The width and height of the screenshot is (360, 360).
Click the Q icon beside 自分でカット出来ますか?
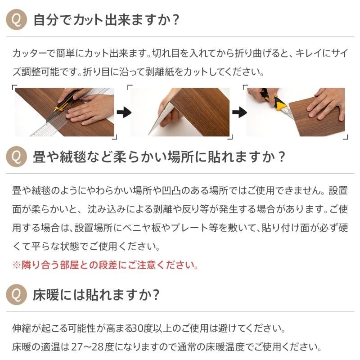tap(16, 19)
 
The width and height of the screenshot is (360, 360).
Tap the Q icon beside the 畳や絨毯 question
tap(16, 157)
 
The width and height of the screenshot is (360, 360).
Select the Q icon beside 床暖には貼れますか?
tap(16, 295)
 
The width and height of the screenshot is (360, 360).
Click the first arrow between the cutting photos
tap(124, 112)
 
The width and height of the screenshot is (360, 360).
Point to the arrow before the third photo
tap(239, 112)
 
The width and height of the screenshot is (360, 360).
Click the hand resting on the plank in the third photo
tap(326, 104)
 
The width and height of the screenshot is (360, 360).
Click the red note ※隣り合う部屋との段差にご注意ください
tap(105, 265)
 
